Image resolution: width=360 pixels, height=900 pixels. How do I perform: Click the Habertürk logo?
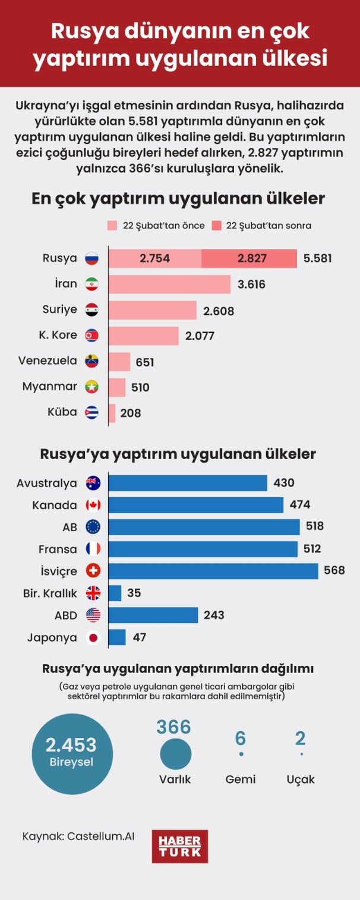(179, 846)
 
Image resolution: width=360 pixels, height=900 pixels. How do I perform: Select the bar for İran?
(169, 284)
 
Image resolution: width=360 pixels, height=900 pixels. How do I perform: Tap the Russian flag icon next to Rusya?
(91, 258)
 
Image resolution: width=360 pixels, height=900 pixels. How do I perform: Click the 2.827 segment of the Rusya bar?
(250, 258)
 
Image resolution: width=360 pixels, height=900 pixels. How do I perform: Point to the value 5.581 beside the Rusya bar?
(317, 258)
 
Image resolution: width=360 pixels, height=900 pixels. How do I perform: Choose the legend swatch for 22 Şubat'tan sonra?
(216, 226)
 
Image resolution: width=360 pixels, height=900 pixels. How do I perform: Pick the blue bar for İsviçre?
(213, 571)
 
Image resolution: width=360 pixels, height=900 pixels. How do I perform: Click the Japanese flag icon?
(93, 638)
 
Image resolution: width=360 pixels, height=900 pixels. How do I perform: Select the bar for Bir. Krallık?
(115, 593)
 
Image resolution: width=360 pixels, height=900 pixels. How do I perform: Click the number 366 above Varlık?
(173, 727)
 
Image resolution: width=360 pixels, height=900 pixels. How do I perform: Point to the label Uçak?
(301, 779)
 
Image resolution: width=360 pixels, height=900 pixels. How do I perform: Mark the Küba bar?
(112, 413)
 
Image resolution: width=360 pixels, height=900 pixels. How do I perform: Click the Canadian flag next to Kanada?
(93, 505)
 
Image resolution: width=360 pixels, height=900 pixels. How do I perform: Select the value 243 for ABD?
(214, 615)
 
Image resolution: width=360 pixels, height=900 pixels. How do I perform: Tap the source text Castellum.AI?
(101, 836)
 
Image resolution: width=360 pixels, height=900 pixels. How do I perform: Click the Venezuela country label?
(48, 361)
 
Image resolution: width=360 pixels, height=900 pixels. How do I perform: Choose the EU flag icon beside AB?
(93, 526)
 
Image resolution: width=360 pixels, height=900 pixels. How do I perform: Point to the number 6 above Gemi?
(241, 738)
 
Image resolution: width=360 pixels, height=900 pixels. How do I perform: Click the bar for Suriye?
(152, 310)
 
